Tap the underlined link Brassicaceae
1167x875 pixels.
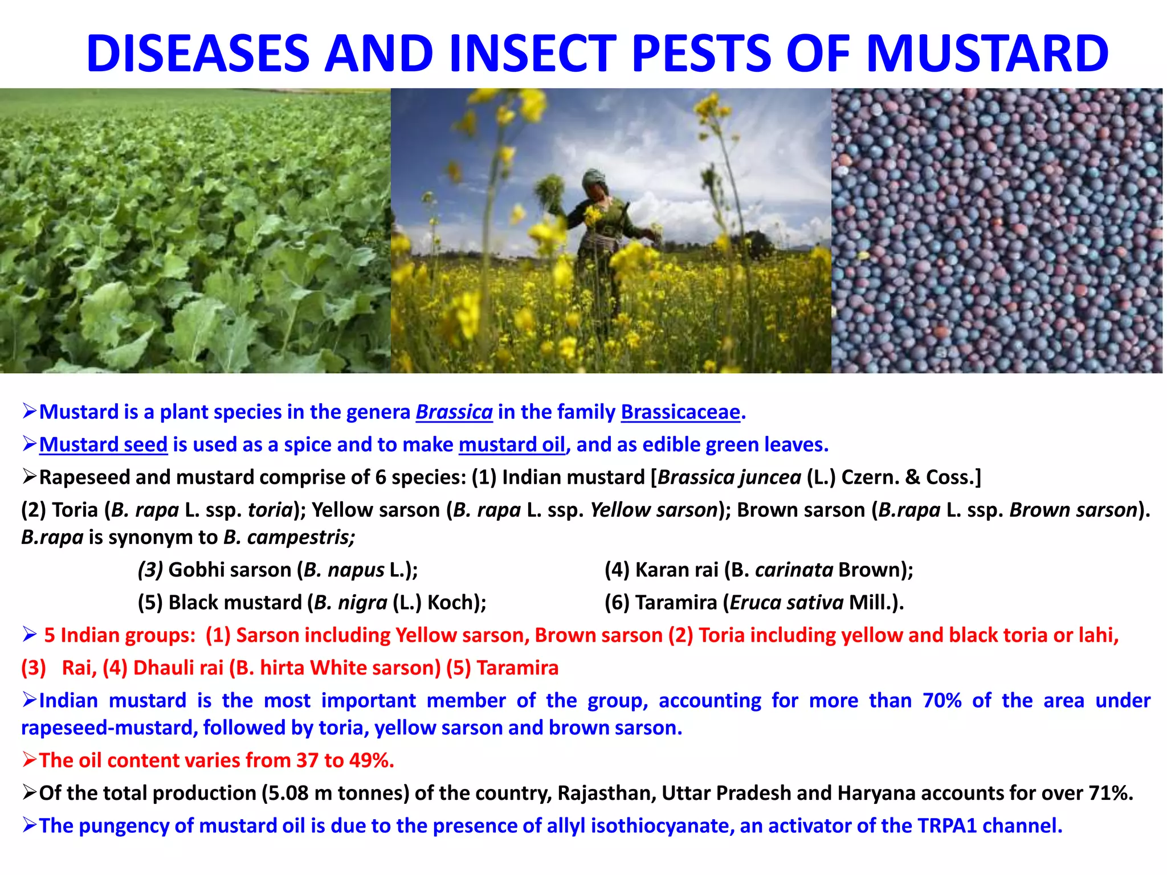tap(680, 412)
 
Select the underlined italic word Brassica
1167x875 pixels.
tap(454, 412)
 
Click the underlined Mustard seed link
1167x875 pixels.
tap(103, 444)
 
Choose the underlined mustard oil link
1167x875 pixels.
tap(512, 444)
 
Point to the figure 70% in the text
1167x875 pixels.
tap(941, 700)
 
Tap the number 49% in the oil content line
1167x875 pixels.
tap(370, 760)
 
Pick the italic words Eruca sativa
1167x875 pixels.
tap(786, 603)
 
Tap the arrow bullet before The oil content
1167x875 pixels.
tap(30, 760)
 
